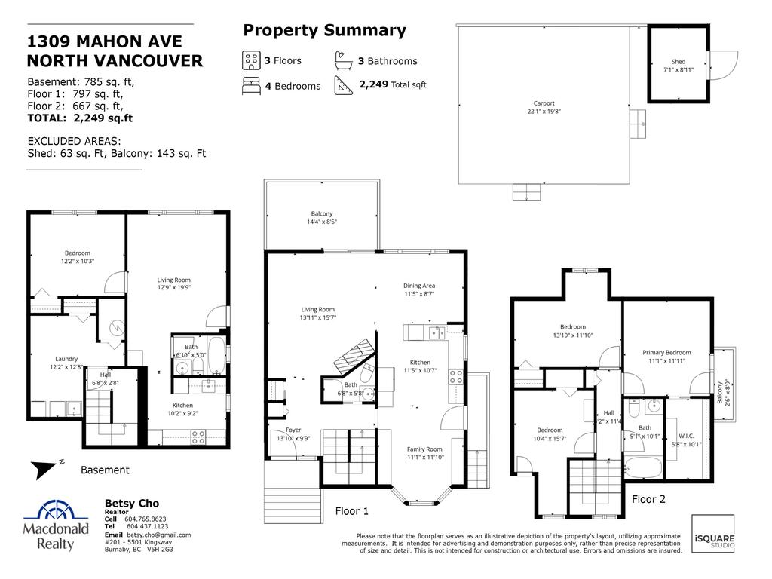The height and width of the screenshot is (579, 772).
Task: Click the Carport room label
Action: pos(544,103)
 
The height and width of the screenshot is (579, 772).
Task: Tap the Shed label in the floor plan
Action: pos(679,62)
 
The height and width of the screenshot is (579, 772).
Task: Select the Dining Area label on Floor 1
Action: pos(419,286)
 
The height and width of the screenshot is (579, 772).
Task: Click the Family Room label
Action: pos(424,449)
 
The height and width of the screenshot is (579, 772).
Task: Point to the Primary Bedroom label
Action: pos(666,352)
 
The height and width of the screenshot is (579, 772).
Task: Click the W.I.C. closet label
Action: pos(686,435)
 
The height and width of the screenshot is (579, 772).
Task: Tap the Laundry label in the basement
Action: pos(66,359)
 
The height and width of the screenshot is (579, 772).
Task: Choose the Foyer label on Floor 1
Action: pos(293,430)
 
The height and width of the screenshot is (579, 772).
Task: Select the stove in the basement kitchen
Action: pos(198,435)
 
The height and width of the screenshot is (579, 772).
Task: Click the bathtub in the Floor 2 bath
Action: pos(648,465)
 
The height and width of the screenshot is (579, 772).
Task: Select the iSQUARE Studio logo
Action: pos(712,534)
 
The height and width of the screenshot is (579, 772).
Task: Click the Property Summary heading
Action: pos(324,31)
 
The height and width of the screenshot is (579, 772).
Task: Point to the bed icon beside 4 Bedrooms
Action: pos(250,85)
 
